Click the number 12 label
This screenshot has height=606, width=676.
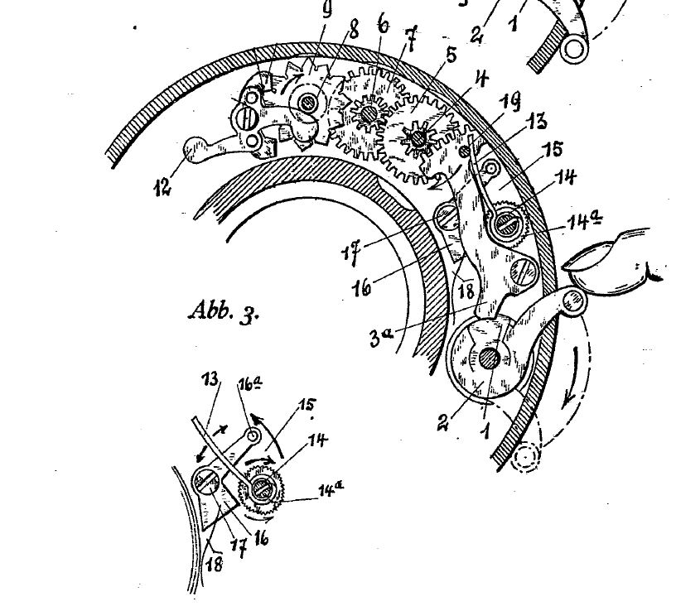tap(163, 186)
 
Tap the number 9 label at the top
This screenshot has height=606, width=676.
tap(326, 9)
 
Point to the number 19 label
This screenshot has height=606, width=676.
tap(509, 101)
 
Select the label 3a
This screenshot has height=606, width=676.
tap(382, 337)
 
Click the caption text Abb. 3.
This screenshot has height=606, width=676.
tap(224, 310)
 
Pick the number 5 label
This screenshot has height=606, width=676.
tap(450, 55)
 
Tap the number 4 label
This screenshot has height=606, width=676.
tap(481, 79)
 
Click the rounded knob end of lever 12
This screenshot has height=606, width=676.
tap(194, 149)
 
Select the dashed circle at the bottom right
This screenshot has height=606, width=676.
tap(525, 457)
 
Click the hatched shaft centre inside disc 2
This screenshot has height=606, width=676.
tap(490, 358)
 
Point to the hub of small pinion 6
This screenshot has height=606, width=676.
tap(369, 114)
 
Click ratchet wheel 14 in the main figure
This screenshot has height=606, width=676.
tap(508, 224)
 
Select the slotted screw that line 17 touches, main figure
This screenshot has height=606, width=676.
tap(447, 219)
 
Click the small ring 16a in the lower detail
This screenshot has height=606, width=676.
tap(252, 436)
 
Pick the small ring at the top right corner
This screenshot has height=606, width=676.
tap(574, 50)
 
